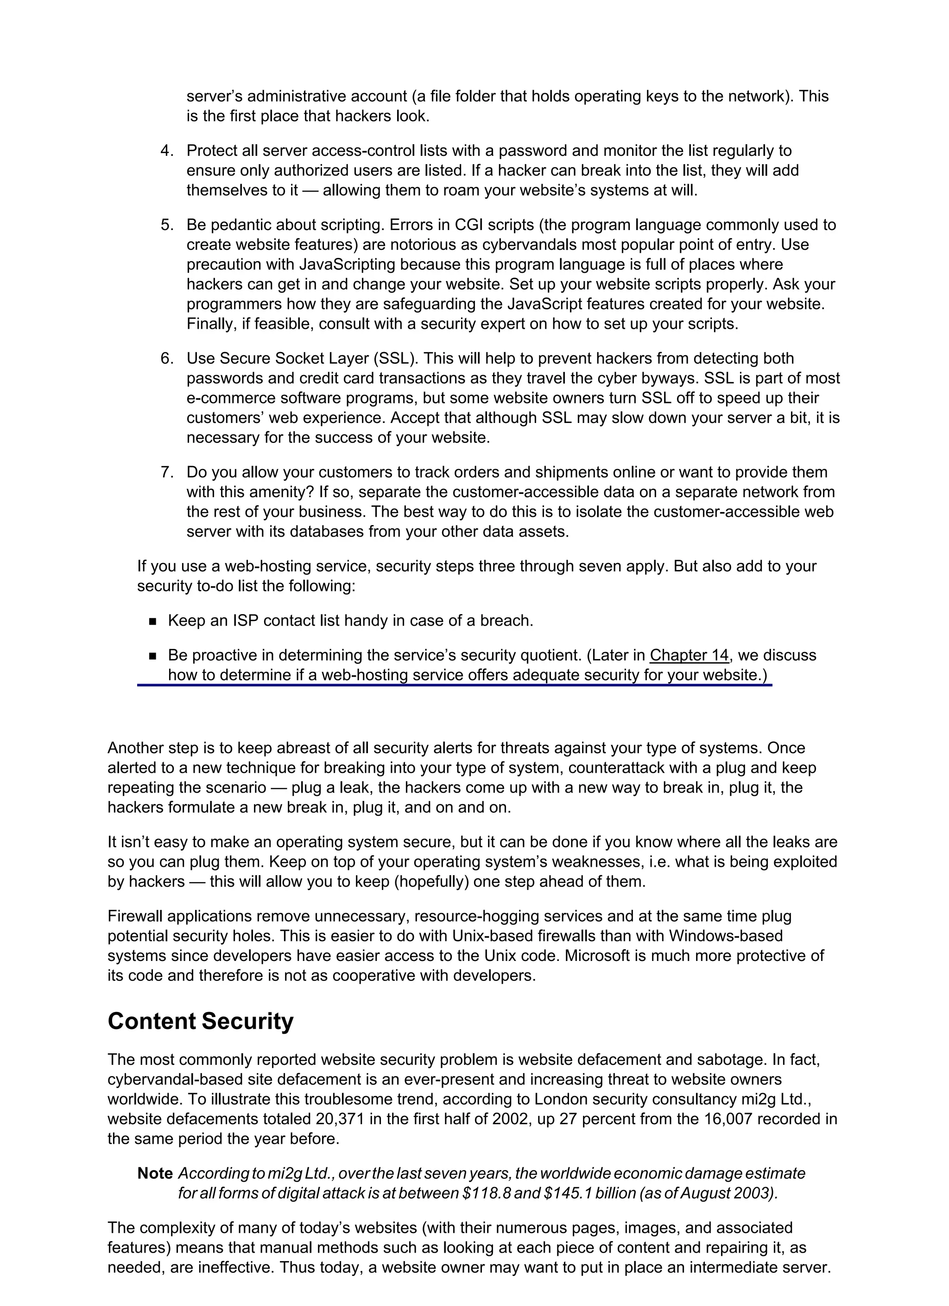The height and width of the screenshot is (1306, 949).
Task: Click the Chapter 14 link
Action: (689, 655)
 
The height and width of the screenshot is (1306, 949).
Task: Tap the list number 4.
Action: (166, 151)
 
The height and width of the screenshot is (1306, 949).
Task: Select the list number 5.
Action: (166, 225)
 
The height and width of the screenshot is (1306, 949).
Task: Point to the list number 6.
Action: (166, 359)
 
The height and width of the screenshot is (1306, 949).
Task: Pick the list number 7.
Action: (166, 473)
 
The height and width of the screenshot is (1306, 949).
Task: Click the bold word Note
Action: (155, 1173)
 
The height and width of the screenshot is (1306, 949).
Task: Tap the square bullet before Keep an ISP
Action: (152, 621)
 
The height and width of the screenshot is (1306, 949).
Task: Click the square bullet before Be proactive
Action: (152, 656)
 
